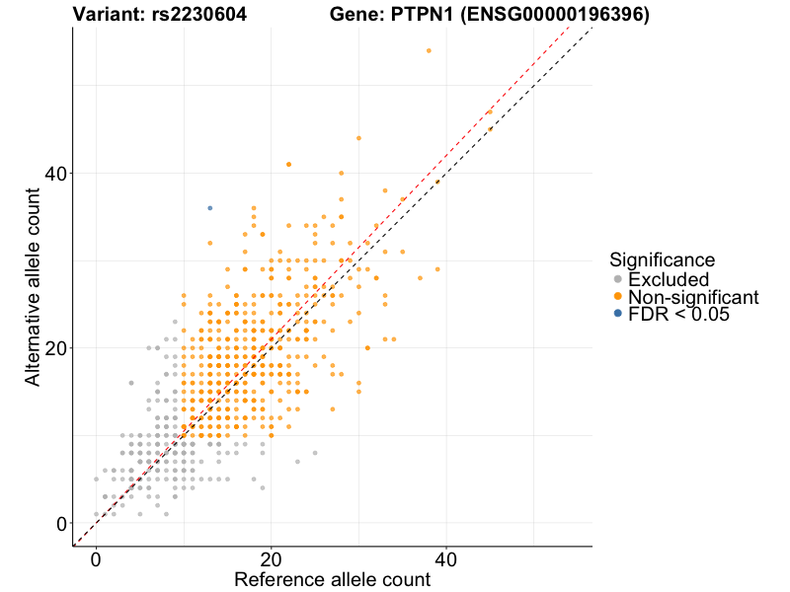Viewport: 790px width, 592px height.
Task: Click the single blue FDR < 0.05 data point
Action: tap(210, 208)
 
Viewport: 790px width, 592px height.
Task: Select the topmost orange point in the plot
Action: tap(429, 50)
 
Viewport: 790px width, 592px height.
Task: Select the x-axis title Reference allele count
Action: tap(332, 579)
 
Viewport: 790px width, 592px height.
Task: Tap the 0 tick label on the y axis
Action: tap(61, 523)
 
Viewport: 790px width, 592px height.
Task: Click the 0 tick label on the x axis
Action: tap(96, 559)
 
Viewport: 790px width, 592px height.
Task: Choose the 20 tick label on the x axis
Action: tap(271, 559)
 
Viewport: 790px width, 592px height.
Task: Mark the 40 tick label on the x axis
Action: tap(445, 559)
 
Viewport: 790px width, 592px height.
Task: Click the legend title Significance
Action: tap(662, 259)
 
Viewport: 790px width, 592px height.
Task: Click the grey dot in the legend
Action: tap(618, 279)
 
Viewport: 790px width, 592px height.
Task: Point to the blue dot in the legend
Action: tap(618, 314)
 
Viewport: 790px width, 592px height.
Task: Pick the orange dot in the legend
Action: tap(618, 297)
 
